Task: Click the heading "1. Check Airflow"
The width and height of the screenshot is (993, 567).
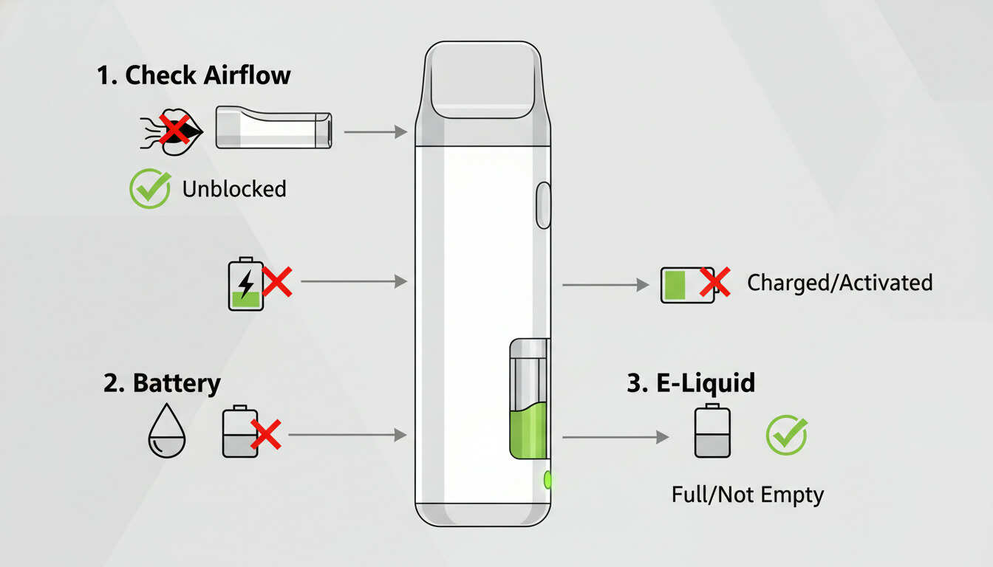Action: click(194, 75)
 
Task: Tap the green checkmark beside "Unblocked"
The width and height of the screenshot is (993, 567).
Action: click(150, 189)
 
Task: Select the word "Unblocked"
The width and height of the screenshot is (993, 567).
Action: click(234, 189)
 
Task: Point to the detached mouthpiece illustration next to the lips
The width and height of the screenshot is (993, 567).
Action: click(273, 128)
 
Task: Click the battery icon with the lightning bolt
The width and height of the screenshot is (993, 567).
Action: click(246, 283)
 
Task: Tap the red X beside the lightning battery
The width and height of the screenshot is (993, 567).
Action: click(277, 281)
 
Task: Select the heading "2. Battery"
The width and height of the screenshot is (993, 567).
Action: click(162, 384)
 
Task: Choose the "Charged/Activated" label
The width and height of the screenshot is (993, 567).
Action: click(840, 283)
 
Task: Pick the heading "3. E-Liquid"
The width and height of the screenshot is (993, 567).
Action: click(691, 383)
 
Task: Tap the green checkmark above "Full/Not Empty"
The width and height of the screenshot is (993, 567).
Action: click(786, 435)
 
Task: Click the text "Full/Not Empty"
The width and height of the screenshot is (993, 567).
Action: click(748, 494)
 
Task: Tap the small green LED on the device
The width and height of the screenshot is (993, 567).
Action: click(547, 480)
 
